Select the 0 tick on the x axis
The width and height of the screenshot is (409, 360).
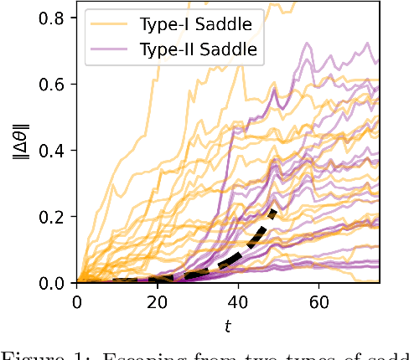77,301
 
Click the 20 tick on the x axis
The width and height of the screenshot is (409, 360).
158,301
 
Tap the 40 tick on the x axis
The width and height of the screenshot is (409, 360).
238,301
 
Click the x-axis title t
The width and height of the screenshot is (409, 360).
228,324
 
